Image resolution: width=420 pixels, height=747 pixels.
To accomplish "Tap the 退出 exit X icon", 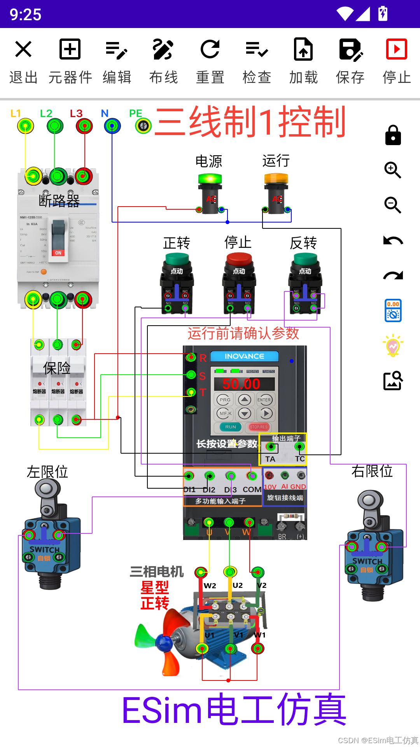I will (x=23, y=49).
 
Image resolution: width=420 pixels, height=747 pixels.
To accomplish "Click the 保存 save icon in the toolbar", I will (x=350, y=49).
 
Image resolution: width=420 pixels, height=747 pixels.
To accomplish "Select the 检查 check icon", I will (x=257, y=49).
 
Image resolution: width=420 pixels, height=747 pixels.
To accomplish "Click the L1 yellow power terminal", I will (x=26, y=126).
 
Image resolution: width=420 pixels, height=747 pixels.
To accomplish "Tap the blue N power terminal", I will (x=112, y=126).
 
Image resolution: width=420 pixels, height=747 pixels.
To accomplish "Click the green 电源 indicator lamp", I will (x=210, y=179).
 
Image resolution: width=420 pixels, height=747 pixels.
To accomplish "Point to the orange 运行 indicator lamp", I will (x=276, y=179).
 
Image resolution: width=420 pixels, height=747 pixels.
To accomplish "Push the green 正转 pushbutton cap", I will (x=177, y=258).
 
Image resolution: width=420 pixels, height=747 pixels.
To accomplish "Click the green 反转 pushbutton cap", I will (x=305, y=258).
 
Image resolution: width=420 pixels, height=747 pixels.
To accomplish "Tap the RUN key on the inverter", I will (x=231, y=427).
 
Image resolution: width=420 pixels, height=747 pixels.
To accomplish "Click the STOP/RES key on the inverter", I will (x=259, y=427).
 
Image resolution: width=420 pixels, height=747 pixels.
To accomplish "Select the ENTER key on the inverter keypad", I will (x=264, y=400).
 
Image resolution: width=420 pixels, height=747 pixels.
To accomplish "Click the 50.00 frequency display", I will (x=241, y=384).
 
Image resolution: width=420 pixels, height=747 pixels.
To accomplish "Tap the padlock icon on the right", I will (x=393, y=135).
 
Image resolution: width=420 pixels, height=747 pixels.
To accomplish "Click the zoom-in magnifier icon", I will (x=393, y=170).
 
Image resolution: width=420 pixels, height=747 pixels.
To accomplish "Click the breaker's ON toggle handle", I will (x=58, y=237).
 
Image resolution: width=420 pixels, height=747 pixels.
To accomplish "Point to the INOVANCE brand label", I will (x=244, y=356).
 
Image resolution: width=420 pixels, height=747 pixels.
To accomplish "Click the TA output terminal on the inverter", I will (x=271, y=447).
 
